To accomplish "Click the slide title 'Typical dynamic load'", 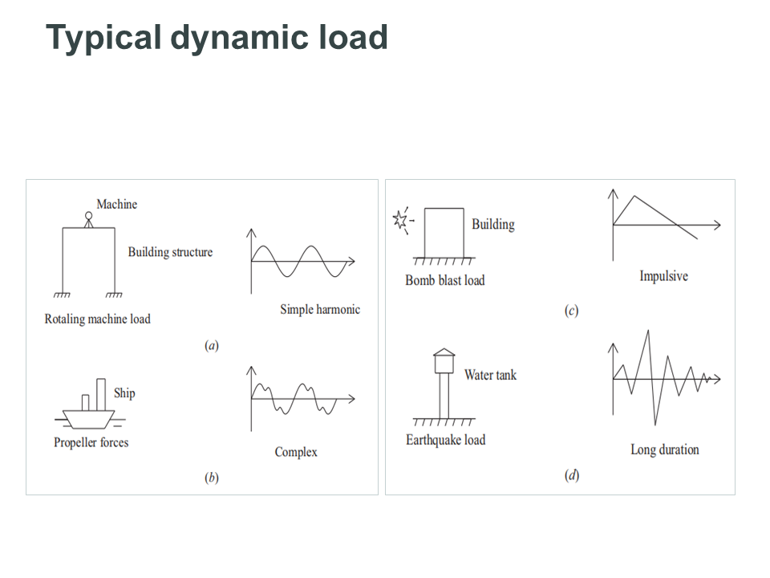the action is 217,38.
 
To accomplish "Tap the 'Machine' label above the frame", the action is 117,205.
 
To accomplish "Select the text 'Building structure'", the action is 170,252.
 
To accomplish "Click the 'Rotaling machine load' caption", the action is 97,319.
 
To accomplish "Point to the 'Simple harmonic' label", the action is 320,309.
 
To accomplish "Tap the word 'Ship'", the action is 124,393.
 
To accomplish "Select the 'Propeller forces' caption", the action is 91,442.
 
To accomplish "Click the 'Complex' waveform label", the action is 296,452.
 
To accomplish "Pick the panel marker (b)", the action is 212,478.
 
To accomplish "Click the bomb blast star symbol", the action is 401,219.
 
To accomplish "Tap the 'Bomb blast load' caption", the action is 445,280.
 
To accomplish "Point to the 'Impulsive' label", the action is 663,276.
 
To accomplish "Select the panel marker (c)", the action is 571,311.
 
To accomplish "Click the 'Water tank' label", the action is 490,374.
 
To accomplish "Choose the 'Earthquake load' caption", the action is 445,440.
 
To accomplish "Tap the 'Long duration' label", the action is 664,450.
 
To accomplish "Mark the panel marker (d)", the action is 571,475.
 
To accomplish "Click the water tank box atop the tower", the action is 444,363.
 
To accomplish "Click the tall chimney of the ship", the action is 101,393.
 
